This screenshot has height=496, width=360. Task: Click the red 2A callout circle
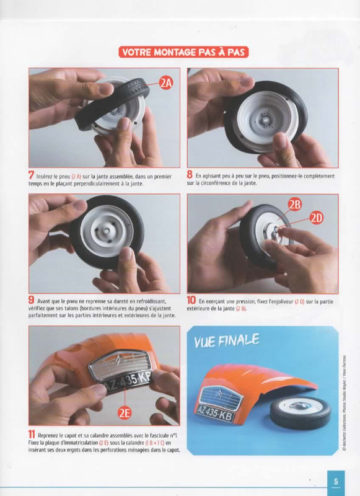pyautogui.click(x=166, y=83)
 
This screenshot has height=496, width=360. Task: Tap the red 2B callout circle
pyautogui.click(x=294, y=205)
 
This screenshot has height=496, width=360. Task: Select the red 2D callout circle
pyautogui.click(x=317, y=218)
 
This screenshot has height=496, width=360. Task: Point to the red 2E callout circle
pyautogui.click(x=125, y=413)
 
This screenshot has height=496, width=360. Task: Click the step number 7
pyautogui.click(x=31, y=175)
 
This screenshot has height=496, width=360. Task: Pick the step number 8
pyautogui.click(x=190, y=174)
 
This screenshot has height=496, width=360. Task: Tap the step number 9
pyautogui.click(x=31, y=299)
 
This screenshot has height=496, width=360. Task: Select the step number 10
pyautogui.click(x=191, y=300)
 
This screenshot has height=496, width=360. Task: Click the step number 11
pyautogui.click(x=31, y=435)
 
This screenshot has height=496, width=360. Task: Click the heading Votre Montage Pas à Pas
pyautogui.click(x=183, y=52)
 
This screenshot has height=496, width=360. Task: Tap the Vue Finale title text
pyautogui.click(x=226, y=340)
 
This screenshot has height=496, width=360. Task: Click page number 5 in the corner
pyautogui.click(x=336, y=482)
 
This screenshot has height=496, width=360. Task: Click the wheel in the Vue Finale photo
pyautogui.click(x=301, y=412)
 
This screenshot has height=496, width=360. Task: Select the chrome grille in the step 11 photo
pyautogui.click(x=120, y=365)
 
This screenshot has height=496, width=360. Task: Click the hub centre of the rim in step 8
pyautogui.click(x=265, y=120)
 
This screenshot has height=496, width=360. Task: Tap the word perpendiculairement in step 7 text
pyautogui.click(x=97, y=184)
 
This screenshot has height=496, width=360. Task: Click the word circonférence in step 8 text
pyautogui.click(x=214, y=183)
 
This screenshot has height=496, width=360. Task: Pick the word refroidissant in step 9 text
pyautogui.click(x=148, y=301)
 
